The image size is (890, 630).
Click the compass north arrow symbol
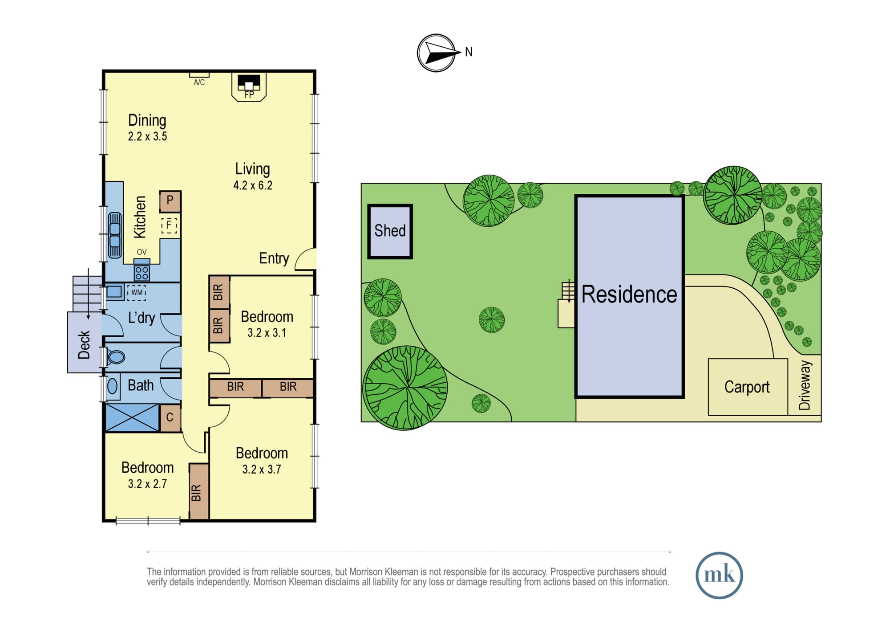(436, 53)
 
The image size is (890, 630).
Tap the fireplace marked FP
(249, 86)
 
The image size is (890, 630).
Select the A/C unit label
(199, 82)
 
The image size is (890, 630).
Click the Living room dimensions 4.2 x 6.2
(253, 185)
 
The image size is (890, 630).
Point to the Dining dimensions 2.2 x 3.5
(147, 136)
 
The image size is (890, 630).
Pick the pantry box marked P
(170, 201)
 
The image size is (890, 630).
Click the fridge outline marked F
(169, 225)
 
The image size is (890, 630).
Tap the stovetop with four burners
(142, 273)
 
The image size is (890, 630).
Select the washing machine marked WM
(137, 292)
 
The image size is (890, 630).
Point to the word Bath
(141, 385)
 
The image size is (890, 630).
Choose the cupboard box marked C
(170, 417)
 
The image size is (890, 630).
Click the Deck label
(84, 344)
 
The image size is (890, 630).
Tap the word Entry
(274, 258)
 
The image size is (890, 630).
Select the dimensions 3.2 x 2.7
(147, 484)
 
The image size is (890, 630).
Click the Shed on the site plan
(390, 231)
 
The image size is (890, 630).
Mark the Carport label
(747, 387)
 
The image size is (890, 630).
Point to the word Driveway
(805, 385)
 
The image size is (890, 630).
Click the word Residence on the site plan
(629, 294)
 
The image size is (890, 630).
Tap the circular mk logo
(719, 575)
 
